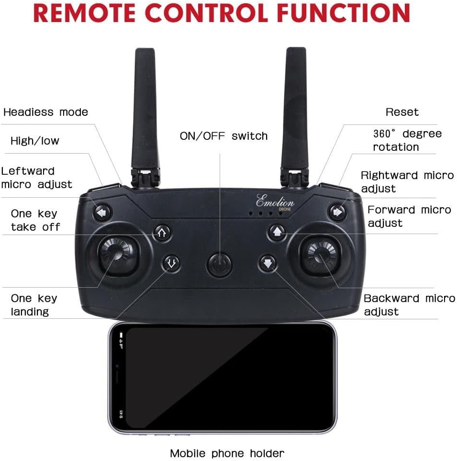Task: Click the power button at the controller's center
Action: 219,264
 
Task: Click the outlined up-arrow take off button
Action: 162,233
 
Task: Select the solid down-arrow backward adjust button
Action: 268,263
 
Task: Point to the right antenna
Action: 297,110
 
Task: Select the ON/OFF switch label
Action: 223,136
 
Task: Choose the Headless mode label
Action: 45,112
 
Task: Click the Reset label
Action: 402,112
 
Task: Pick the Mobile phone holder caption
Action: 227,453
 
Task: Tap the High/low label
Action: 35,141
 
